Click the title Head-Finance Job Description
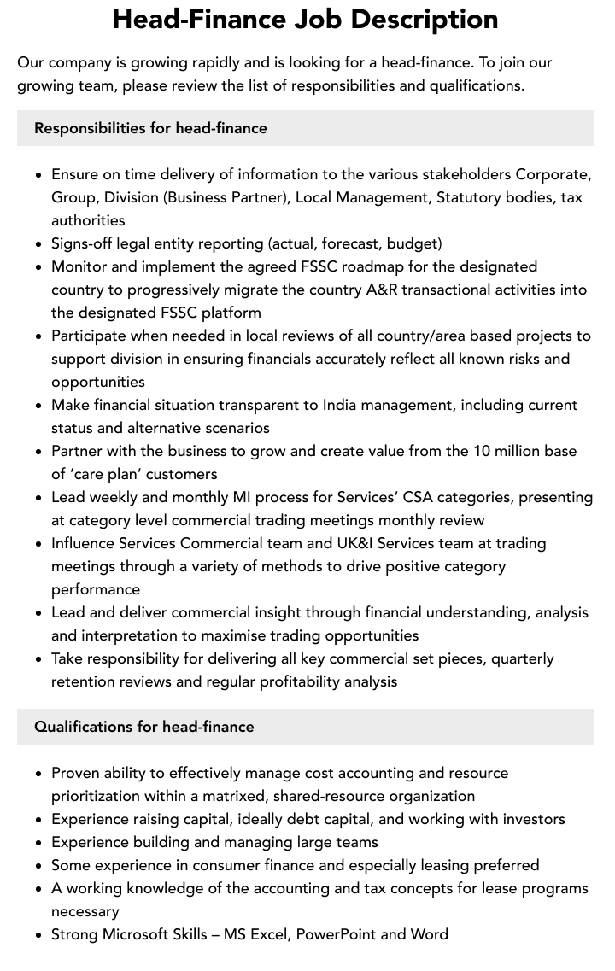pos(306,20)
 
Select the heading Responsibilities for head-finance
pos(150,128)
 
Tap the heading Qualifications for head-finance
pos(143,727)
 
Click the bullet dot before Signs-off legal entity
pos(39,244)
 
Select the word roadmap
pos(360,266)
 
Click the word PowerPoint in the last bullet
pos(335,934)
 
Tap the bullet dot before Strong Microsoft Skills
pos(39,935)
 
